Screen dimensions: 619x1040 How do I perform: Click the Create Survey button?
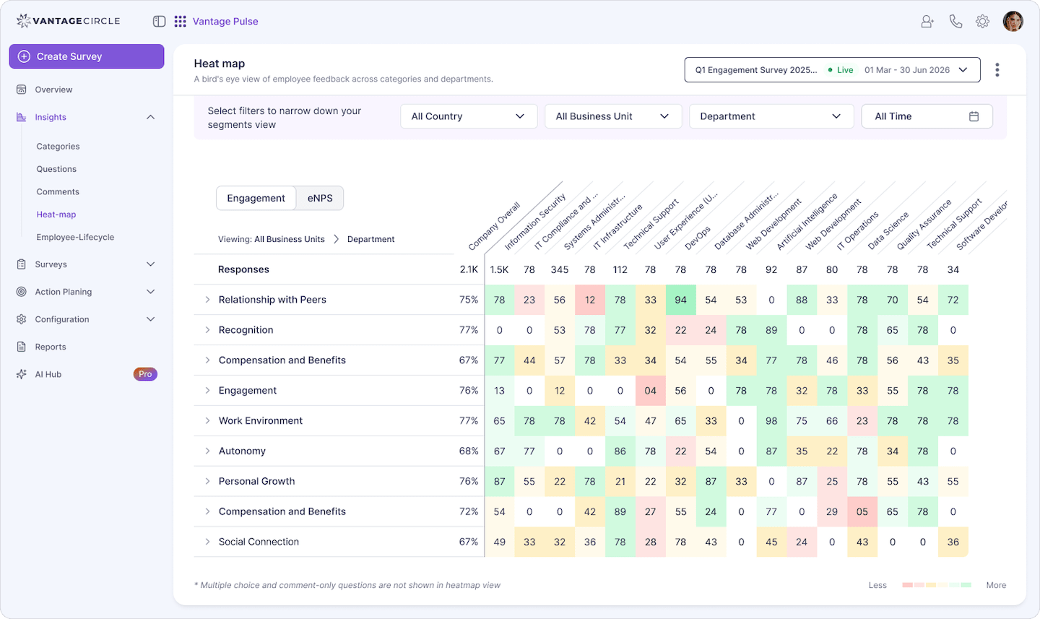coord(86,56)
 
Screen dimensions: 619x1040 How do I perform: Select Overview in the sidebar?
coord(53,90)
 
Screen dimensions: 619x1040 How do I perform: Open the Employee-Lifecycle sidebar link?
coord(75,237)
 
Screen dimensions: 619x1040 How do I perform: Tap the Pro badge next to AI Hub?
coord(145,374)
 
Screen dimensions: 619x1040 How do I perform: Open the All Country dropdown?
coord(468,116)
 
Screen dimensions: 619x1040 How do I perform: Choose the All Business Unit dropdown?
coord(612,116)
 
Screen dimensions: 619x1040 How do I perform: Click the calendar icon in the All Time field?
coord(974,116)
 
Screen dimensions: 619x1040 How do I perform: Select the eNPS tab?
coord(320,198)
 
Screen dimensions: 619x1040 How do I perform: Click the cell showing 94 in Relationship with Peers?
coord(680,300)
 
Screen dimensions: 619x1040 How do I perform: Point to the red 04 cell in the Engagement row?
coord(650,391)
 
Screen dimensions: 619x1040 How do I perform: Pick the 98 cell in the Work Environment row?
coord(771,421)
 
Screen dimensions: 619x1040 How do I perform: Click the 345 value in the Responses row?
coord(560,269)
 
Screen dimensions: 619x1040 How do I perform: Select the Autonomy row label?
coord(242,451)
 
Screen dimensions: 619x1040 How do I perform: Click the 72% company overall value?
coord(469,511)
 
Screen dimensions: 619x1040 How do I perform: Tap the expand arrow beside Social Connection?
coord(207,542)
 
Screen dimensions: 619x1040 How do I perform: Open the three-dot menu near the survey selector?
coord(997,70)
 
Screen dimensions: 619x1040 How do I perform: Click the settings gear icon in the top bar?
coord(982,22)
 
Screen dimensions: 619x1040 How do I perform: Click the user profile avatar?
coord(1013,22)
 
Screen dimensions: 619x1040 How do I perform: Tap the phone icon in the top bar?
coord(955,22)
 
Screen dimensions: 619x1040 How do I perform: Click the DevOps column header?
coord(697,238)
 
